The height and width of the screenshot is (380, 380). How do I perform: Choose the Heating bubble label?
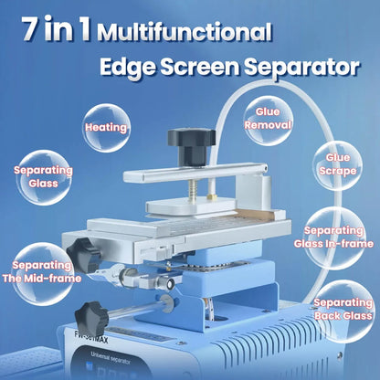[x=106, y=127]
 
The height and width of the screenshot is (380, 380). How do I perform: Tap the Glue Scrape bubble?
[x=338, y=163]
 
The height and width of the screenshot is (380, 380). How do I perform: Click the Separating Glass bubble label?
[x=37, y=175]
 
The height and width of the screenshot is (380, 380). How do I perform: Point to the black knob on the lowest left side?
[x=95, y=317]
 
